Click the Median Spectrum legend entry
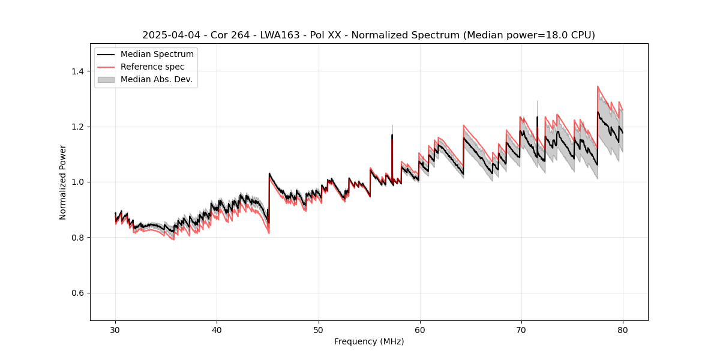(157, 55)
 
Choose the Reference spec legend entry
(152, 67)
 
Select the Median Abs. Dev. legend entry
(156, 79)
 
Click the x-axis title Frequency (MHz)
(369, 341)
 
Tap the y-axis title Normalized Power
(63, 182)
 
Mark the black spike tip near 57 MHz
(392, 135)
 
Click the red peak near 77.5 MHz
(598, 86)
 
